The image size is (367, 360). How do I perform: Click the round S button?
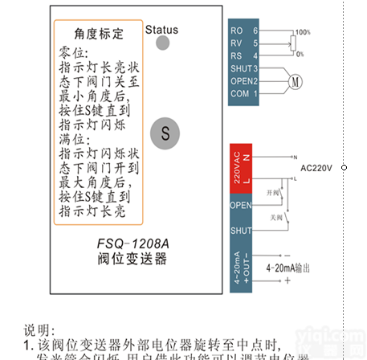[x=165, y=133]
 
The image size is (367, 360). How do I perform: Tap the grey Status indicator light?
[x=162, y=43]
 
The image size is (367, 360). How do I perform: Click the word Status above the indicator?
[x=161, y=30]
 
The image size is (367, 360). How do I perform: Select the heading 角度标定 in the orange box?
[x=99, y=34]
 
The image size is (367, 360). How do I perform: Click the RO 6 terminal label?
[x=244, y=31]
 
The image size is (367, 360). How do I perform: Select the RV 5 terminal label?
[x=244, y=43]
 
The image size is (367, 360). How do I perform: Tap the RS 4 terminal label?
[x=244, y=55]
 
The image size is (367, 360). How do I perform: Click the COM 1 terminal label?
[x=244, y=94]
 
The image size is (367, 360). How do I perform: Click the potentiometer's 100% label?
[x=302, y=32]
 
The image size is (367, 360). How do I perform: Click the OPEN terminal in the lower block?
[x=241, y=205]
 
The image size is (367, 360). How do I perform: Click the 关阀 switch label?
[x=276, y=217]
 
